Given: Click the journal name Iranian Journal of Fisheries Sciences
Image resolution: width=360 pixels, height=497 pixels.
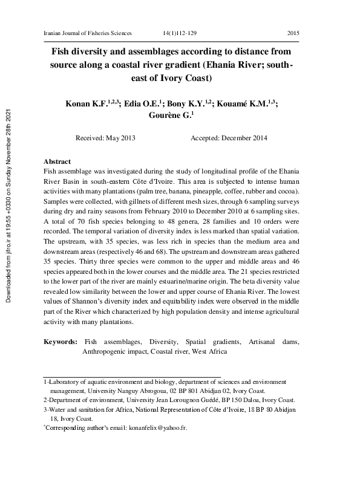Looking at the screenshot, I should point(88,31).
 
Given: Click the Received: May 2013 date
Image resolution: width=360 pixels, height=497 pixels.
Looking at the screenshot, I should point(105,138).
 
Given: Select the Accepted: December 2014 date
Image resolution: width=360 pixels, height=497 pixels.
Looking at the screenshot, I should point(229,138).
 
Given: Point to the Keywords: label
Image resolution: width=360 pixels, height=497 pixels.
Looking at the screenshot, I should point(61,342).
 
